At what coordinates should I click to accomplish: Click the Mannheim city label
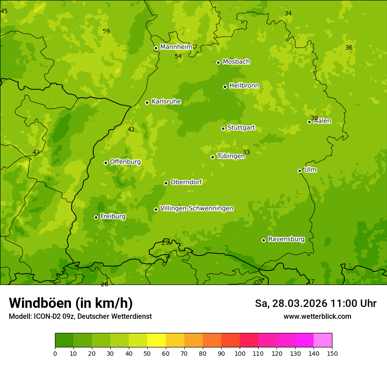tap(176, 47)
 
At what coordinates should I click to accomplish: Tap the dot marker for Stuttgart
tap(223, 128)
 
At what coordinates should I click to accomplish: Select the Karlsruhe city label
tap(166, 102)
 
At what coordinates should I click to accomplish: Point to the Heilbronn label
tap(244, 86)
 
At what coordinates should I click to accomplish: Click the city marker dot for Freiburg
tap(96, 217)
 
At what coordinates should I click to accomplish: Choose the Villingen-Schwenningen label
tap(197, 208)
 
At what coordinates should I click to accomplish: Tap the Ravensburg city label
tap(286, 239)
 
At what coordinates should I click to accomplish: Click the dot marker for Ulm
tap(299, 171)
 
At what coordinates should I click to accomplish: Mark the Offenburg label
tap(125, 162)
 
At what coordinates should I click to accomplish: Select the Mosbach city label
tap(236, 62)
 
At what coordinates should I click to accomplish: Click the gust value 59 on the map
tap(106, 31)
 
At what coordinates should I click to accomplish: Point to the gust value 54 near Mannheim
tap(178, 56)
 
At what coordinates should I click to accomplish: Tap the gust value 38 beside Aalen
tap(314, 118)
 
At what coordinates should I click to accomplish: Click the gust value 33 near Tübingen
tap(246, 152)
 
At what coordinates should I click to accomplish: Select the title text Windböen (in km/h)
tap(71, 303)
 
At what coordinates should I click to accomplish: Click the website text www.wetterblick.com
tap(317, 316)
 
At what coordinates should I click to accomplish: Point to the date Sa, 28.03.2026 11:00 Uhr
tap(315, 303)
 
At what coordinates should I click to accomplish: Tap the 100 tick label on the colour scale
tap(240, 353)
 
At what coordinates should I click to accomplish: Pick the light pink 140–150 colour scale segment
tap(323, 340)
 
